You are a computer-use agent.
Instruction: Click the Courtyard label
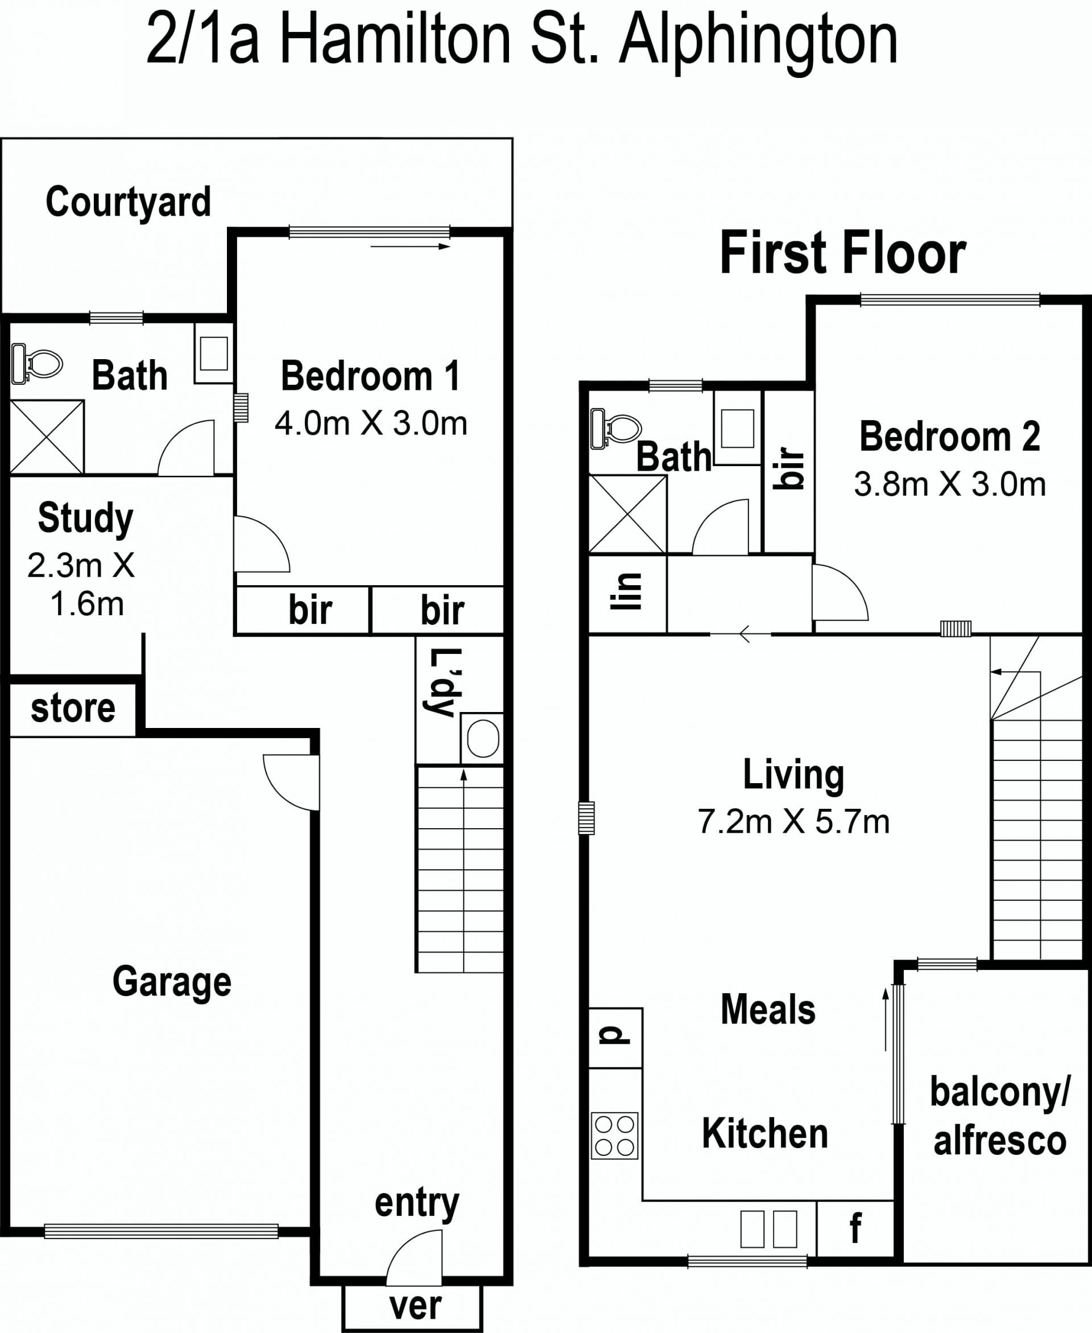pyautogui.click(x=128, y=202)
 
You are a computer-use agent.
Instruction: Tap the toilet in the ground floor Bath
pyautogui.click(x=37, y=363)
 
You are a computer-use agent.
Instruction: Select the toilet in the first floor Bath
pyautogui.click(x=616, y=428)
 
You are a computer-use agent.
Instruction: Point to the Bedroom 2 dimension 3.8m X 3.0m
pyautogui.click(x=950, y=484)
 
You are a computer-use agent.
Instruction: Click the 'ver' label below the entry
pyautogui.click(x=415, y=1306)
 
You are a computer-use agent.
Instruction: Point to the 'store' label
pyautogui.click(x=73, y=708)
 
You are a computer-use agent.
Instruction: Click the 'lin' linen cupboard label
pyautogui.click(x=626, y=591)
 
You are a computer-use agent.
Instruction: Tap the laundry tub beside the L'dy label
pyautogui.click(x=482, y=738)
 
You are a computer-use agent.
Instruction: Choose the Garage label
pyautogui.click(x=172, y=981)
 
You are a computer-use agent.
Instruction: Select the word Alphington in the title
pyautogui.click(x=759, y=42)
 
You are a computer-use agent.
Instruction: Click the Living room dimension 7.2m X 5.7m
pyautogui.click(x=794, y=822)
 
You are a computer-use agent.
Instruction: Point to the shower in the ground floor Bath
pyautogui.click(x=47, y=437)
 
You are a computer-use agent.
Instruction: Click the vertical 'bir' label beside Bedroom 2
pyautogui.click(x=791, y=468)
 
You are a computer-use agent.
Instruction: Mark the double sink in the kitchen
pyautogui.click(x=769, y=1229)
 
